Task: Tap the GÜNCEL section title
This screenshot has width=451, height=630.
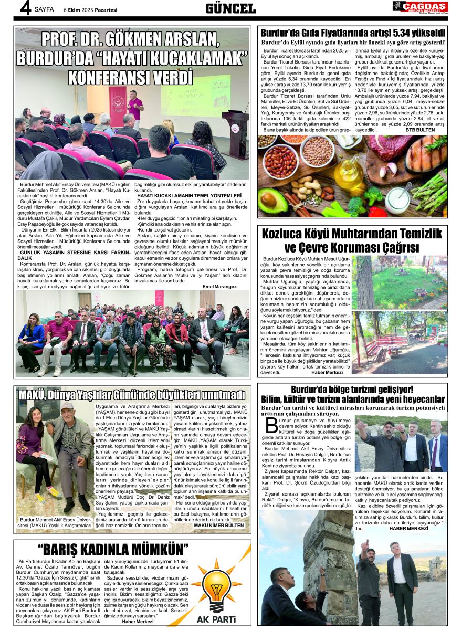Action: pyautogui.click(x=230, y=8)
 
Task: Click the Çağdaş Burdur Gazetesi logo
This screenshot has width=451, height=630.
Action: pyautogui.click(x=420, y=7)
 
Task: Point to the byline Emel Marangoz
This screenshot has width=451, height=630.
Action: pyautogui.click(x=219, y=287)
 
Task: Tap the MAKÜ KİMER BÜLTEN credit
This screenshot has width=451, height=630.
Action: pyautogui.click(x=219, y=525)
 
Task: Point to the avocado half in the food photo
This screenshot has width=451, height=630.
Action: pyautogui.click(x=274, y=200)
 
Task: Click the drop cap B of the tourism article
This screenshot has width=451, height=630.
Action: pyautogui.click(x=271, y=426)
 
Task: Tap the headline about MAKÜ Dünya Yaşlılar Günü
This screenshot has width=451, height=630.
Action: pyautogui.click(x=131, y=395)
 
